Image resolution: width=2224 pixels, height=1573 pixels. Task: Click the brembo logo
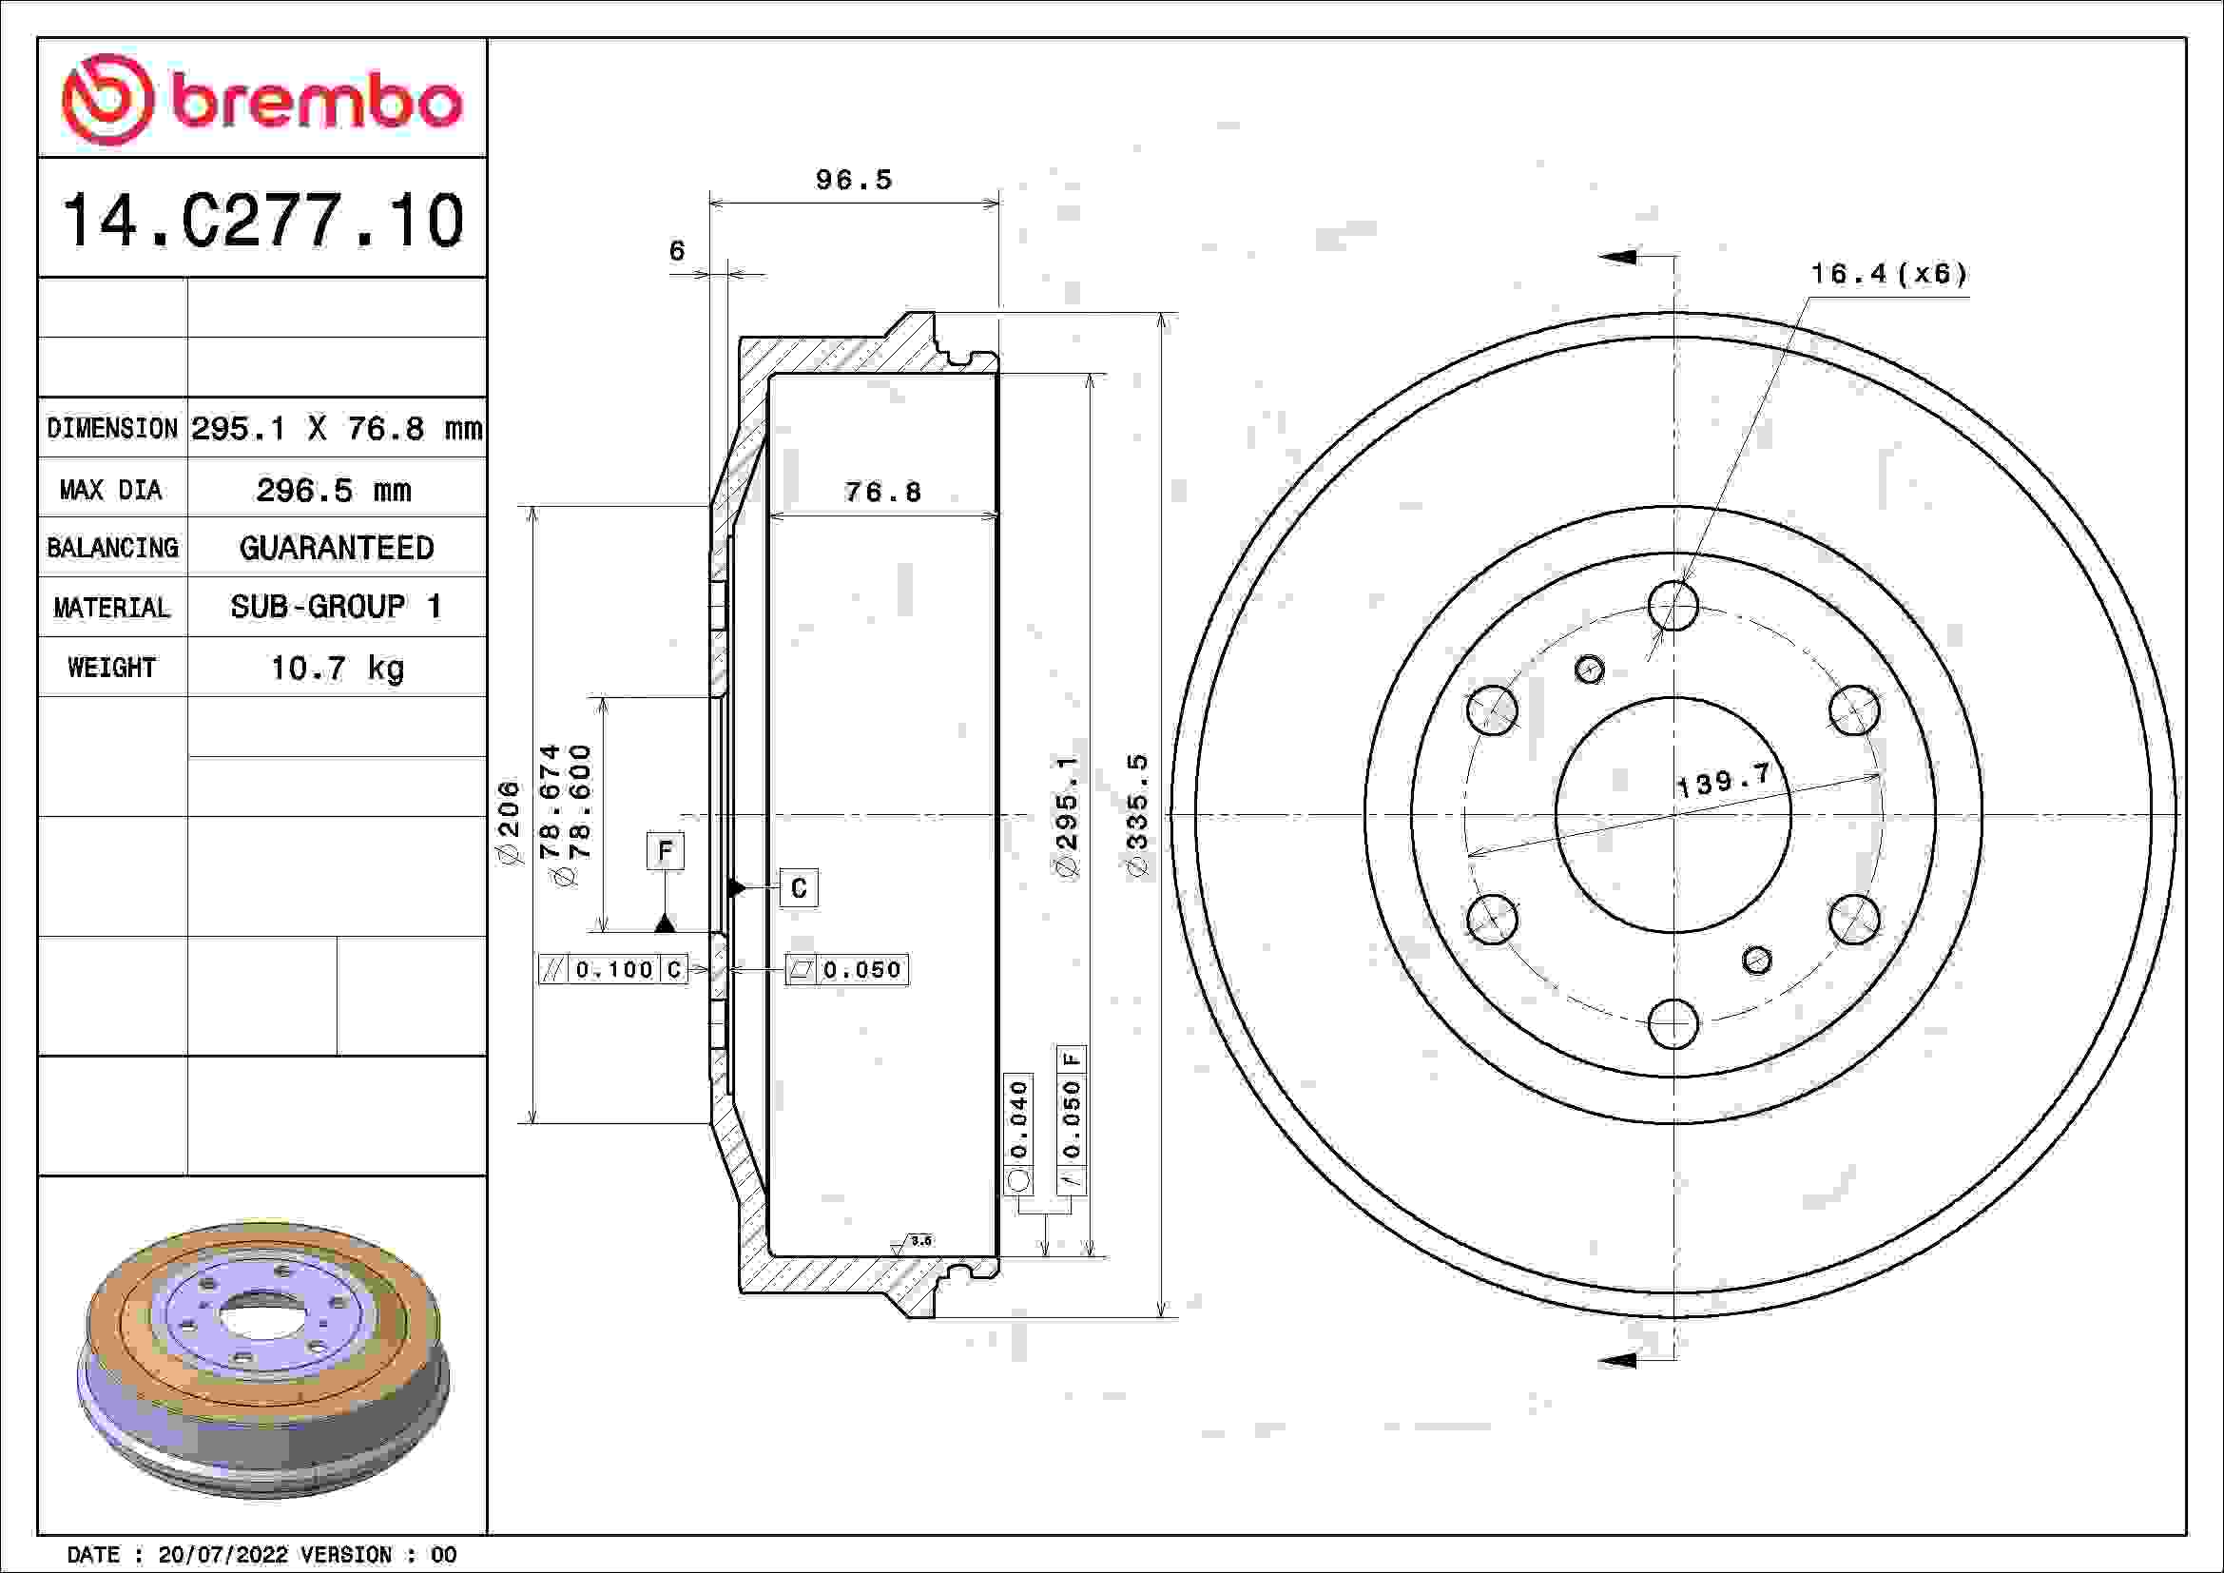tap(261, 100)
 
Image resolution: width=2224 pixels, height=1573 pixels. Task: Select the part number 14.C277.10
tap(262, 221)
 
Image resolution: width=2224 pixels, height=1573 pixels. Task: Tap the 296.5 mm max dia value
tap(334, 490)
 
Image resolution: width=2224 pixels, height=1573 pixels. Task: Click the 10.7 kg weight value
tap(336, 668)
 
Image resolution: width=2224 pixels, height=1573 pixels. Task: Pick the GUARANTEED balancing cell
tap(336, 548)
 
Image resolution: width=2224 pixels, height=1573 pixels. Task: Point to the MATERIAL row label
tap(111, 608)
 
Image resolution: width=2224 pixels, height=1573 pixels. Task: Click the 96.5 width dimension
tap(853, 180)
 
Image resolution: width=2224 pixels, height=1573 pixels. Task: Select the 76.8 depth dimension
tap(882, 492)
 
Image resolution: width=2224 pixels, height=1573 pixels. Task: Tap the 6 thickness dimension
tap(677, 251)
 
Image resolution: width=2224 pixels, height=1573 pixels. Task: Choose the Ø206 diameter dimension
tap(509, 822)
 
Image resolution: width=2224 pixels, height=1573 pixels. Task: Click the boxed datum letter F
tap(665, 850)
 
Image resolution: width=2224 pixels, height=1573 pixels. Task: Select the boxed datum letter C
tap(798, 888)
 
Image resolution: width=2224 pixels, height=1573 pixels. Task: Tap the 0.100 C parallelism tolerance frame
tap(613, 969)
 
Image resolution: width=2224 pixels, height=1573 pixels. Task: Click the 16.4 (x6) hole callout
tap(1889, 274)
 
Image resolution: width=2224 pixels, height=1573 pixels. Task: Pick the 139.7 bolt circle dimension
tap(1722, 779)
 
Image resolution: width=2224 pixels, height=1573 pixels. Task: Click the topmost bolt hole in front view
tap(1673, 606)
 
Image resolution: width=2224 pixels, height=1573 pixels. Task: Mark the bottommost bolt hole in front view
tap(1673, 1024)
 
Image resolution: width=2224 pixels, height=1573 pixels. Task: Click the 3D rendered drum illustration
tap(262, 1356)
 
